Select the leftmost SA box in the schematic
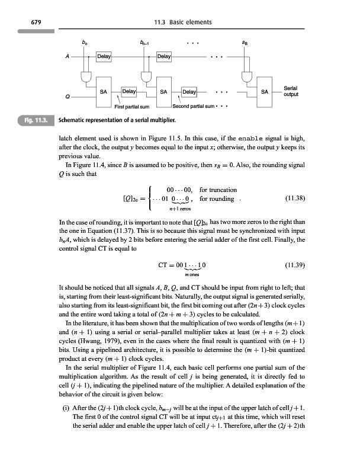103,92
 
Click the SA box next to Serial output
265,92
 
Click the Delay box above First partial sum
129,92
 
